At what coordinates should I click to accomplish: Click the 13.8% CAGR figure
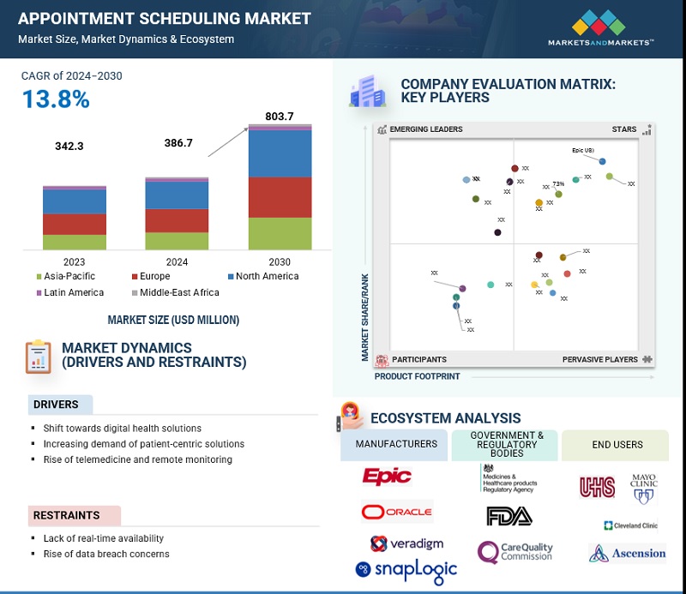[56, 99]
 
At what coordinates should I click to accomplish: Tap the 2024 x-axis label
[177, 261]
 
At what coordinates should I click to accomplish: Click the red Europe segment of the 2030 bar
[280, 197]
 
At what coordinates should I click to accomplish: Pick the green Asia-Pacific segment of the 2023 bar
[75, 242]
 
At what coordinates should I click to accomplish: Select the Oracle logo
[396, 513]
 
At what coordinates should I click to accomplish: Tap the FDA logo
[508, 515]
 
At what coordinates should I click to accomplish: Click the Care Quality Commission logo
[514, 551]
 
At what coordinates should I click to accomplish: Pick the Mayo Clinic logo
[643, 484]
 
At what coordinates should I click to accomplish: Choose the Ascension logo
[628, 553]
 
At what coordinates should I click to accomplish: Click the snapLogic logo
[406, 568]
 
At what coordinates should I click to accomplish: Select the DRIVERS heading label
[56, 405]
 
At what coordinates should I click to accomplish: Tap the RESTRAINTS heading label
[67, 515]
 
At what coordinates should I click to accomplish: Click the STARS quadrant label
[623, 129]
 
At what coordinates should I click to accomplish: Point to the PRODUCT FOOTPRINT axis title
[417, 376]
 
